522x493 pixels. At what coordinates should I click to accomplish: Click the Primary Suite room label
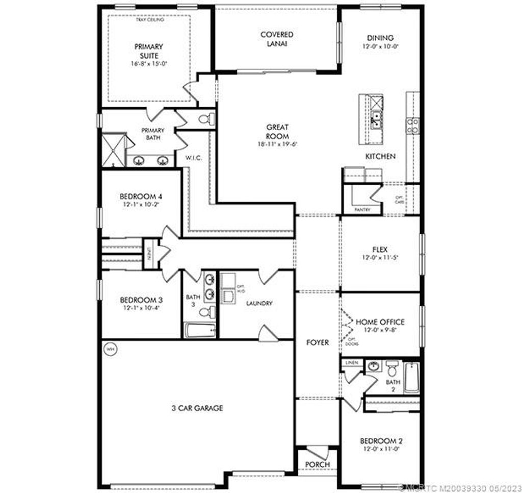coord(149,51)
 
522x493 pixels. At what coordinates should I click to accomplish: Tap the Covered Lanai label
coord(277,39)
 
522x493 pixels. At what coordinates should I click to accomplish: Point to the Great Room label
coord(277,132)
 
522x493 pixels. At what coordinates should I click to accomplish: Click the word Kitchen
coord(380,156)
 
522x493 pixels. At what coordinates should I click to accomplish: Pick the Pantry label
coord(360,210)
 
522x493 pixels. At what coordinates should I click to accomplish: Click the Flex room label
coord(380,250)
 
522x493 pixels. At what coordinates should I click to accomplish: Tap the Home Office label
coord(380,322)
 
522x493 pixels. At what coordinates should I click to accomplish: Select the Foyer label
coord(318,342)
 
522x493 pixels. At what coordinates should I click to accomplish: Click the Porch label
coord(318,464)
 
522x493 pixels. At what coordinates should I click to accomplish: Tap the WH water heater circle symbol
coord(110,350)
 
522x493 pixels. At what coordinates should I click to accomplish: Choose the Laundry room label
coord(259,303)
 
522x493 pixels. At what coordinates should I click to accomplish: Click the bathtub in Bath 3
coord(199,330)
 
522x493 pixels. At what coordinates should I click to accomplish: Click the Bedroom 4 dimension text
coord(141,204)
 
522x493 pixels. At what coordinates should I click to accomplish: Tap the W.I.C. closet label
coord(194,158)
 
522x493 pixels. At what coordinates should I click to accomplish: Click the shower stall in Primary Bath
coord(113,150)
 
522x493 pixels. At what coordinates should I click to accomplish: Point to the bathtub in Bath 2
coord(411,377)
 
